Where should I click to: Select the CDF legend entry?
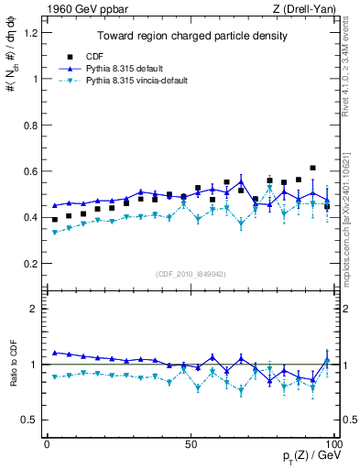(x=107, y=56)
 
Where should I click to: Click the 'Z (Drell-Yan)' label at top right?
(x=309, y=8)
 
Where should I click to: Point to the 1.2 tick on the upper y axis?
(x=30, y=33)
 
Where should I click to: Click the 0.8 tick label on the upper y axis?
(x=30, y=125)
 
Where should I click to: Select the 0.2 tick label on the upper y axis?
(x=30, y=264)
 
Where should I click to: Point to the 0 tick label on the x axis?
(x=47, y=443)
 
